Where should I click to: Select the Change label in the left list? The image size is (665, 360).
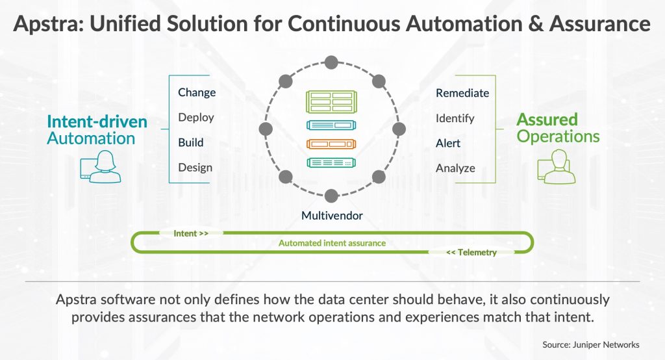pos(197,92)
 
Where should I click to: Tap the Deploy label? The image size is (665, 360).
pos(196,118)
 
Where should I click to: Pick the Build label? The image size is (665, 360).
pos(191,142)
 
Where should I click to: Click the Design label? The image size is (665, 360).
pos(195,168)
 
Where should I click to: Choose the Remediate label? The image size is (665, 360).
pos(462,93)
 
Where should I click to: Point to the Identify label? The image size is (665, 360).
pos(455,118)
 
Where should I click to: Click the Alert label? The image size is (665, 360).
pos(448,143)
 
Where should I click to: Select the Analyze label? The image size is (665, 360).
pos(455,168)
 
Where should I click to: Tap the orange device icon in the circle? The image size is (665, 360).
pos(332,144)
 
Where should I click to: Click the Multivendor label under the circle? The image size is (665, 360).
pos(332,215)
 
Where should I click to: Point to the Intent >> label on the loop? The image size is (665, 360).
pos(191,233)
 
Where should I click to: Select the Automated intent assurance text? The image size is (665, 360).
pos(332,243)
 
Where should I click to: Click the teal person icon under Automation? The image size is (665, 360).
pos(100,166)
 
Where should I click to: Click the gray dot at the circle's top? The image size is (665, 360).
pos(332,62)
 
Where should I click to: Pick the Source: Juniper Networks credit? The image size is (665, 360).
pos(591,344)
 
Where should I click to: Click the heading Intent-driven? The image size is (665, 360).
pos(97,122)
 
